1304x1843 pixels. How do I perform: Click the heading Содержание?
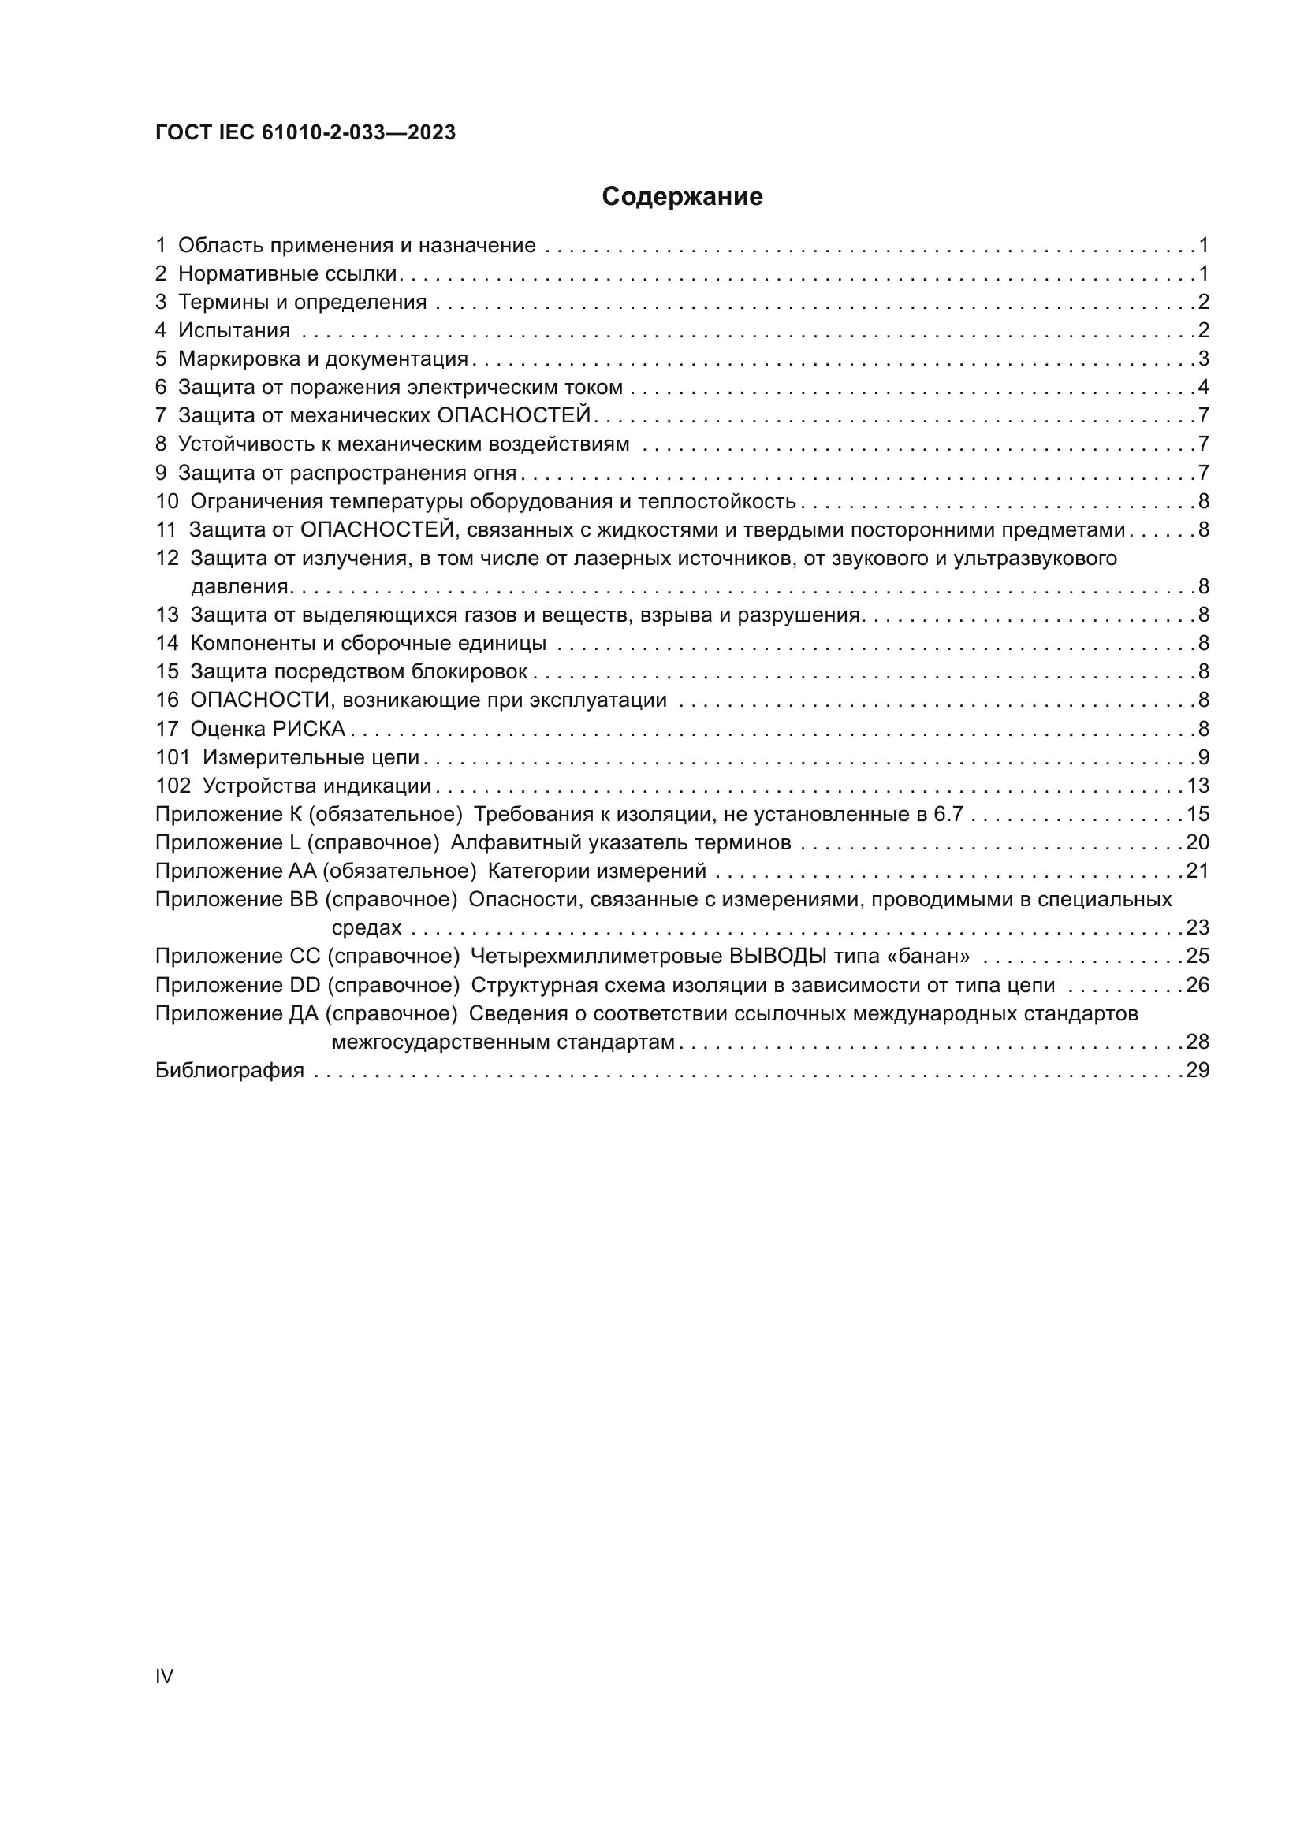click(682, 197)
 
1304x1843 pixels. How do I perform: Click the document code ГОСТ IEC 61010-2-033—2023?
click(305, 132)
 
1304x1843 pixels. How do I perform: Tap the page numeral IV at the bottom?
click(164, 1676)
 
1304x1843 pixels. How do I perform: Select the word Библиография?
click(229, 1070)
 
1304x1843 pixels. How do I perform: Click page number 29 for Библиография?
click(1198, 1070)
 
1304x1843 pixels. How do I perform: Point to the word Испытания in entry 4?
click(233, 331)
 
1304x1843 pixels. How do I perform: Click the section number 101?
click(172, 757)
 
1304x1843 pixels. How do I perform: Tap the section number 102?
click(173, 786)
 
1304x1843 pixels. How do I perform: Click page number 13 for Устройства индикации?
click(1198, 786)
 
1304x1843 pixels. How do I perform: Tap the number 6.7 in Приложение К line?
click(948, 814)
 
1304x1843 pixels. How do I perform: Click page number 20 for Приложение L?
click(1198, 843)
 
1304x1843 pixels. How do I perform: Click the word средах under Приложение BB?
click(366, 928)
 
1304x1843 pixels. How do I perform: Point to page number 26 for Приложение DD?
click(1198, 985)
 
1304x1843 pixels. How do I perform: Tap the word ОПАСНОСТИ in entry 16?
click(260, 700)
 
